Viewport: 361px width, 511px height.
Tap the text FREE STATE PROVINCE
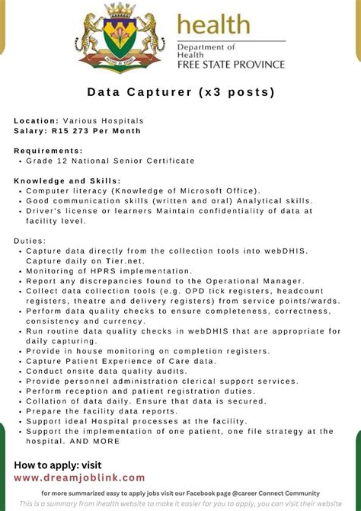pos(231,65)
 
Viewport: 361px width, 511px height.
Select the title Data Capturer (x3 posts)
pos(180,93)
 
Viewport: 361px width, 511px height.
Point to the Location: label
pos(36,121)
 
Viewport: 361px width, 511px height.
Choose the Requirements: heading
pos(48,151)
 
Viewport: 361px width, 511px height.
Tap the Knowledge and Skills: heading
pos(67,180)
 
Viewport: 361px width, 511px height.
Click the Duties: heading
pos(31,241)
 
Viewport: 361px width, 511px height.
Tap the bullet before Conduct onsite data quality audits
pos(20,371)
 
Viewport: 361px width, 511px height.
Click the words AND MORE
pos(95,441)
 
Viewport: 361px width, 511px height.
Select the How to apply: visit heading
pos(57,465)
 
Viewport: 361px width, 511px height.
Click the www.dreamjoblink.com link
pos(79,477)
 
